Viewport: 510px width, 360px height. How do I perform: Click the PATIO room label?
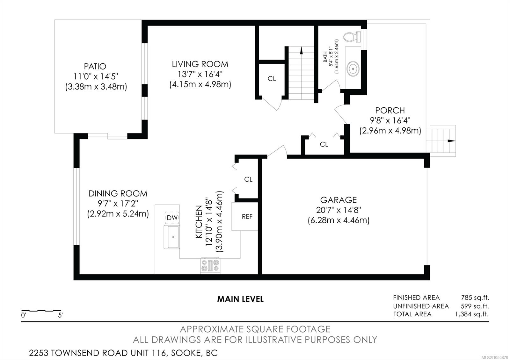tap(95, 67)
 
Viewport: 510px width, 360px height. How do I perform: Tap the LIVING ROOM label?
tap(200, 64)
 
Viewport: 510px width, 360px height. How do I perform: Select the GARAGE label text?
tap(338, 200)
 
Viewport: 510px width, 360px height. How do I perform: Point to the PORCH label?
tap(390, 111)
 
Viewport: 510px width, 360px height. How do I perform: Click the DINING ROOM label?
tap(118, 194)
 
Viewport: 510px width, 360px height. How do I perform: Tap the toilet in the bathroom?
tap(352, 37)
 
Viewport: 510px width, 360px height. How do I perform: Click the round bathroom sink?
tap(353, 68)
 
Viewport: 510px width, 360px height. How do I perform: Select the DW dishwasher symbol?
tap(172, 218)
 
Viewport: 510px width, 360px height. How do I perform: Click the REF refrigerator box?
tap(245, 216)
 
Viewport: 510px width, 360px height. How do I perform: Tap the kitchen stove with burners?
tap(210, 265)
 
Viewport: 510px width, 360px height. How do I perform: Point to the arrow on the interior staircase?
tap(302, 51)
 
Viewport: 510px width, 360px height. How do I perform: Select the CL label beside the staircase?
tap(272, 79)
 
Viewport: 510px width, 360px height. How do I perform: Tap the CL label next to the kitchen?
tap(248, 180)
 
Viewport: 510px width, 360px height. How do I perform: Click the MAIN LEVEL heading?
tap(240, 299)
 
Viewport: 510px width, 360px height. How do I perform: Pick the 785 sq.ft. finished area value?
tap(475, 298)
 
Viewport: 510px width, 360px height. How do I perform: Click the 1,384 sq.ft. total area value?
tap(472, 314)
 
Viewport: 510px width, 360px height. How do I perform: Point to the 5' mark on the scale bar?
tap(60, 315)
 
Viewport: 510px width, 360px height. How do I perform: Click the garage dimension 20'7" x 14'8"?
tap(338, 210)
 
